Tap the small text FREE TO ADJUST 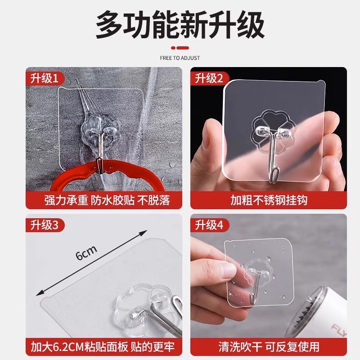tap(180, 58)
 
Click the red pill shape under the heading tap(180, 47)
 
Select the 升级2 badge tap(209, 79)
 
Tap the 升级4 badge tap(209, 225)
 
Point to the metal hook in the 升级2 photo tap(271, 160)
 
